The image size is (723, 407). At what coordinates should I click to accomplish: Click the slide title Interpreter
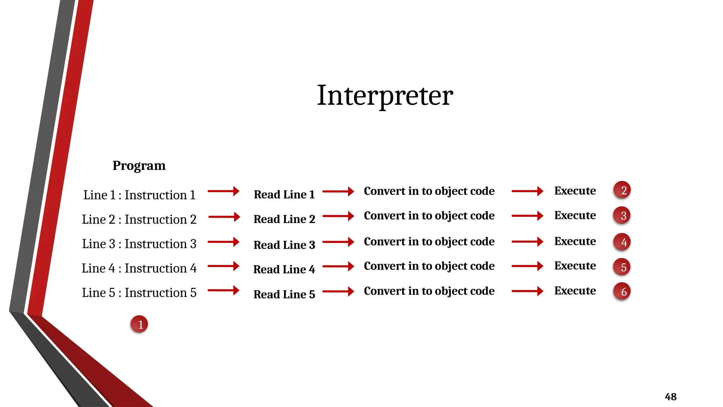point(385,95)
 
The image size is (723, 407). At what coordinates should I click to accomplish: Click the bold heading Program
point(139,165)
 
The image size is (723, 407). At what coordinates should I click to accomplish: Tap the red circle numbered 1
point(139,324)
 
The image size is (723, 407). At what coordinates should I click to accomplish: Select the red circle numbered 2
point(622,190)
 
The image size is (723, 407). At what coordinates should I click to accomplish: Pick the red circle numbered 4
point(622,242)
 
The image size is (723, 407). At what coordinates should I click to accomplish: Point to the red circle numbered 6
point(622,291)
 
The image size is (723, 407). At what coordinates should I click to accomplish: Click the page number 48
point(670,397)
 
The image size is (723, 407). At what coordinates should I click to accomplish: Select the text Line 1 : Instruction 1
point(139,195)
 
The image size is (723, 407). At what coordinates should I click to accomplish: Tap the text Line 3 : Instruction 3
point(139,244)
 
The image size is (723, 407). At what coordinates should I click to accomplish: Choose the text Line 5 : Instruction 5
point(139,293)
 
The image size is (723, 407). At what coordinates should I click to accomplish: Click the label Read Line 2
point(284,219)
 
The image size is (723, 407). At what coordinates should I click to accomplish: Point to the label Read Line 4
point(284,269)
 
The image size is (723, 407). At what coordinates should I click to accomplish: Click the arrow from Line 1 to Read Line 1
point(223,191)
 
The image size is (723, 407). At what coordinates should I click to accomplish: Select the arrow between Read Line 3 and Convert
point(338,242)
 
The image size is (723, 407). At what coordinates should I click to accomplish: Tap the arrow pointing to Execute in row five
point(527,291)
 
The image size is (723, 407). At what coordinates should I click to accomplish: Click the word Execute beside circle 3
point(575,215)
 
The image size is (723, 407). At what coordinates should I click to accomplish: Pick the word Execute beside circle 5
point(575,266)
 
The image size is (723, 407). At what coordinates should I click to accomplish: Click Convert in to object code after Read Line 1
point(429,191)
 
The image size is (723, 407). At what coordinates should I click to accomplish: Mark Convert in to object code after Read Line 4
point(429,266)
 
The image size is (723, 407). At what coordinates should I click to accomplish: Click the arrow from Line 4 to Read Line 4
point(223,266)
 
